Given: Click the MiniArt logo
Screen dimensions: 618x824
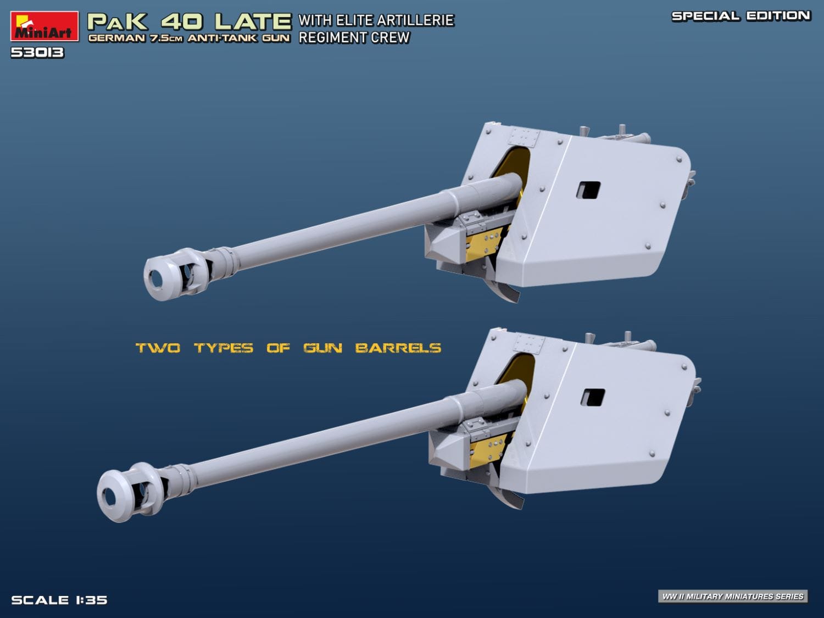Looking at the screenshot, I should click(x=44, y=27).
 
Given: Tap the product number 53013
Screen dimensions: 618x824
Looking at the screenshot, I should click(x=37, y=53).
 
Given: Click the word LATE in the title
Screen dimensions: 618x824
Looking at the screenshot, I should click(x=253, y=21).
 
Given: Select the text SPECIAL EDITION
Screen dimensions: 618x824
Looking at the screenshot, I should click(x=741, y=16).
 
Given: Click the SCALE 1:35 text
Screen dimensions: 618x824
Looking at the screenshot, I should click(x=59, y=600).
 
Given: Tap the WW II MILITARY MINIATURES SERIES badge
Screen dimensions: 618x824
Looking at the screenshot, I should click(x=733, y=596).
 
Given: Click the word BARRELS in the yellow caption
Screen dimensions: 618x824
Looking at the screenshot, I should click(x=398, y=348).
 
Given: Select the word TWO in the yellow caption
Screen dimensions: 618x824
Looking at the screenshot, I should click(x=158, y=348).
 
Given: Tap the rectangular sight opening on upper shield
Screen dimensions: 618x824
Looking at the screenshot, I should click(x=588, y=190).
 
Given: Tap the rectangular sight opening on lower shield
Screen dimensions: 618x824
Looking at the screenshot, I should click(x=593, y=397).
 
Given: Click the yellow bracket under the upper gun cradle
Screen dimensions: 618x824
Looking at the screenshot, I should click(x=483, y=242).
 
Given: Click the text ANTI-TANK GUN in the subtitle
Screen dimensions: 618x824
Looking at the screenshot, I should click(x=238, y=38).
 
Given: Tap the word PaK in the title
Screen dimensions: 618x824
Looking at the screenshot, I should click(x=118, y=21).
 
